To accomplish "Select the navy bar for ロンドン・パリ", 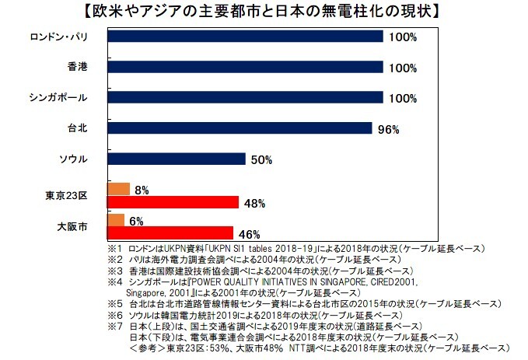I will click(x=244, y=37).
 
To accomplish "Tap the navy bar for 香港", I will click(x=244, y=68).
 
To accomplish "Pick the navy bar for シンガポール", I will click(x=244, y=98).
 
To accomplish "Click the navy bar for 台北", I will click(x=239, y=128).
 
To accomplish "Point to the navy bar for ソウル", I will click(x=176, y=159).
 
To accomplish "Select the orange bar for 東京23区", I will click(x=117, y=189).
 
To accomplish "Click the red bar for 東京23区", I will click(x=172, y=202).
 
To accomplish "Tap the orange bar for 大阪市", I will click(x=114, y=220).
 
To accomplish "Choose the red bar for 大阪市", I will click(x=169, y=232).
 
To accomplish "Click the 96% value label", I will click(x=388, y=129).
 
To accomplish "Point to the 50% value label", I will click(x=261, y=160).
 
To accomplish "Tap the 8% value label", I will click(x=142, y=190).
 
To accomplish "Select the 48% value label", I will click(x=254, y=204).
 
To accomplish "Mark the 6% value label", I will click(x=136, y=221).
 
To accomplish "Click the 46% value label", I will click(x=249, y=233).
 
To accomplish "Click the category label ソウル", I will click(x=74, y=159).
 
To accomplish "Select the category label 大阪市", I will click(x=72, y=226).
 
